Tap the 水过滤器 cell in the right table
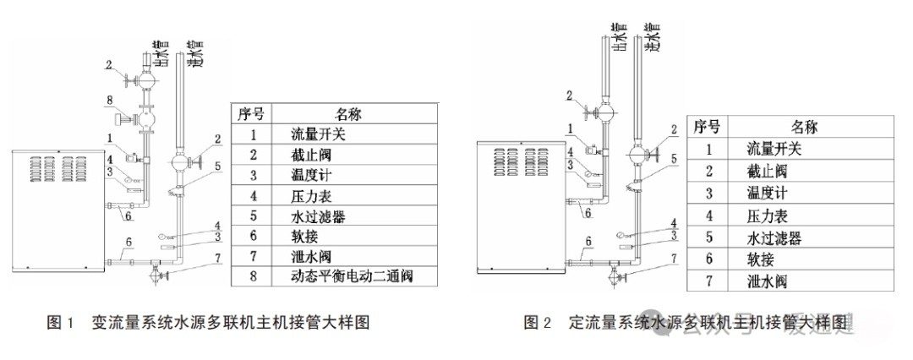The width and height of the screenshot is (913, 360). [774, 237]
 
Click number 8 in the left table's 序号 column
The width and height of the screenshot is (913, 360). [253, 275]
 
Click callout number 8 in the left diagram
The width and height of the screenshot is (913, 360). [109, 101]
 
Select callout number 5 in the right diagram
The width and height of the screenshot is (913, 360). [674, 157]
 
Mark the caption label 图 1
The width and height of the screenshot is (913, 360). [61, 322]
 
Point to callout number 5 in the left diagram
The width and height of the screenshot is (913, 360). [219, 166]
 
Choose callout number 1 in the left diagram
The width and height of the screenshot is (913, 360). [109, 136]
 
